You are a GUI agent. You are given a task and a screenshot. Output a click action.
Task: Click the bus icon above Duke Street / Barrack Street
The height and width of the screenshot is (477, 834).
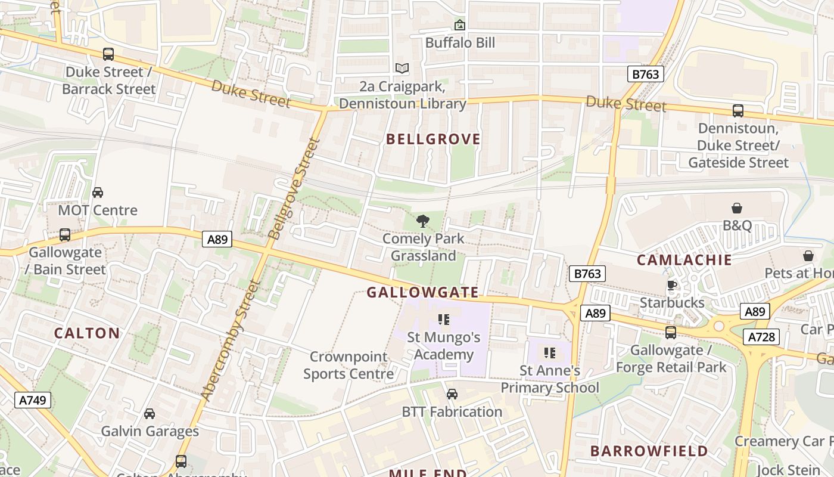point(108,54)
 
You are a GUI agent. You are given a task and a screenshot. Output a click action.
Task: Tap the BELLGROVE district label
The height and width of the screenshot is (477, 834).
point(433,140)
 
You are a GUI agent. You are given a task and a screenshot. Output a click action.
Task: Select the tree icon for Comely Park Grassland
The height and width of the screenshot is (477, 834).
point(423,222)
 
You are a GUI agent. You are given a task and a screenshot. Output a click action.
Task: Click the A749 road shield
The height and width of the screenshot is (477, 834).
point(33,400)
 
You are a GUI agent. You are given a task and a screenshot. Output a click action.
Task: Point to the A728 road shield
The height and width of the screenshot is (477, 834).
point(762,337)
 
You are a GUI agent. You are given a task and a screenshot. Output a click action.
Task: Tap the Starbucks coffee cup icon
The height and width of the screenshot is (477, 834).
point(672,285)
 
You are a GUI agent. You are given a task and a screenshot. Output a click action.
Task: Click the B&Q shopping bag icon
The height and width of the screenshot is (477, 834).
point(737,208)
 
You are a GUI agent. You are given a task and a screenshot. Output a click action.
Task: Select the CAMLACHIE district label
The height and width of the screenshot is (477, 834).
point(684,260)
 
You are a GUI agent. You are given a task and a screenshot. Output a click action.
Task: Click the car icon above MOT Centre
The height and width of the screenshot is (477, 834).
point(98,193)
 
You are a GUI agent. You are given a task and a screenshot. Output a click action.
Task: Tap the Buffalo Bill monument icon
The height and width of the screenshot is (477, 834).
point(459,25)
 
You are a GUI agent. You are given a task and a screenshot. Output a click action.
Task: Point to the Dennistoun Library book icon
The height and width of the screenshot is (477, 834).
point(402,69)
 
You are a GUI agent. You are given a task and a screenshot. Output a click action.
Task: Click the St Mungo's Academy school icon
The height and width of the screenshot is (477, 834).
point(443,320)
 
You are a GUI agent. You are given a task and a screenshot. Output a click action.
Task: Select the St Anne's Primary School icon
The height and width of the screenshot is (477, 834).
point(549,353)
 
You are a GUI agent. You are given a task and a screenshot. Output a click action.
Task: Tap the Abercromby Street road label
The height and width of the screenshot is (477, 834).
point(231,340)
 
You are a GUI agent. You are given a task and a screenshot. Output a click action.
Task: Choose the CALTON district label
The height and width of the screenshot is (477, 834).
point(87,333)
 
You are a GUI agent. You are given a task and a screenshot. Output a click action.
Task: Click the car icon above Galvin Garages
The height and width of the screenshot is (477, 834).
point(150,414)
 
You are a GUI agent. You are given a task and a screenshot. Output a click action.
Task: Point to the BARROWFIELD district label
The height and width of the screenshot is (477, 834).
point(649,451)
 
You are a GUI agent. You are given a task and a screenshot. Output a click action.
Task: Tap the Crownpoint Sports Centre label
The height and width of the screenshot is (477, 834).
point(348,365)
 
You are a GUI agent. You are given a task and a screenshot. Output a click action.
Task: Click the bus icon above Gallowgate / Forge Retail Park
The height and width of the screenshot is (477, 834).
point(671,333)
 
